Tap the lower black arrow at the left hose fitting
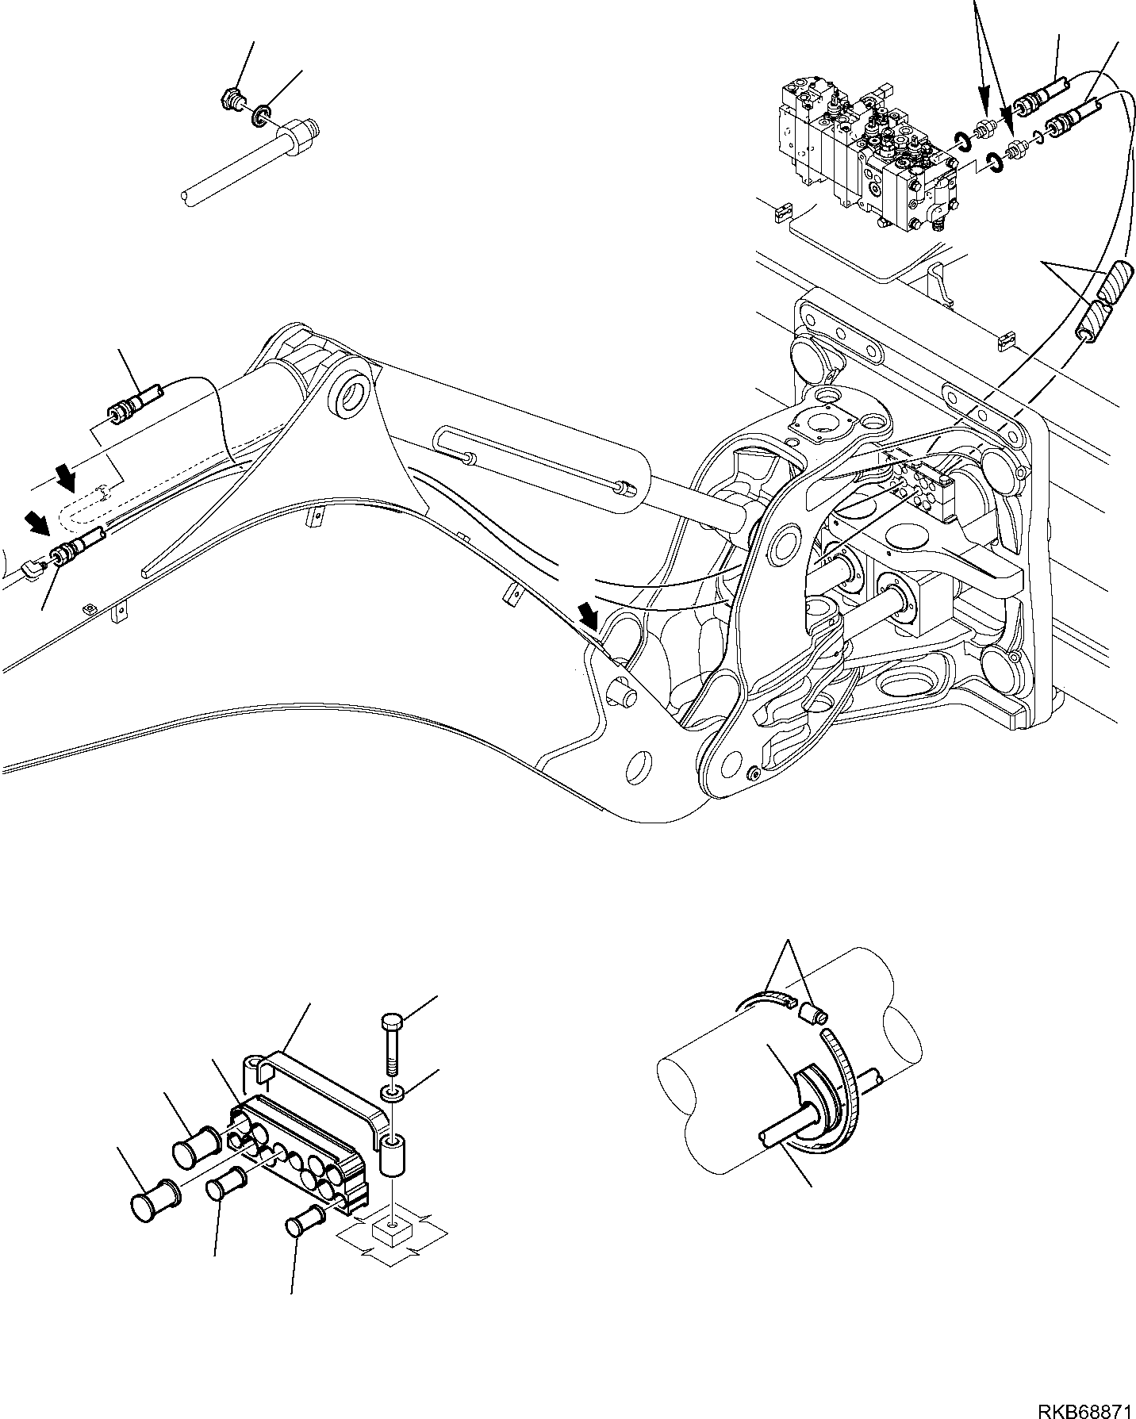(x=35, y=522)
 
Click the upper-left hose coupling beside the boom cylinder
(x=131, y=405)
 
